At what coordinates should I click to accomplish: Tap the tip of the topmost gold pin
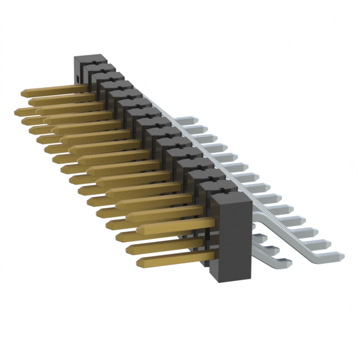tap(24, 91)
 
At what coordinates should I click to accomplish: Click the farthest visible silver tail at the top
tap(186, 120)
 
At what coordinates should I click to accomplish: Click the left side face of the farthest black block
tap(77, 70)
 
